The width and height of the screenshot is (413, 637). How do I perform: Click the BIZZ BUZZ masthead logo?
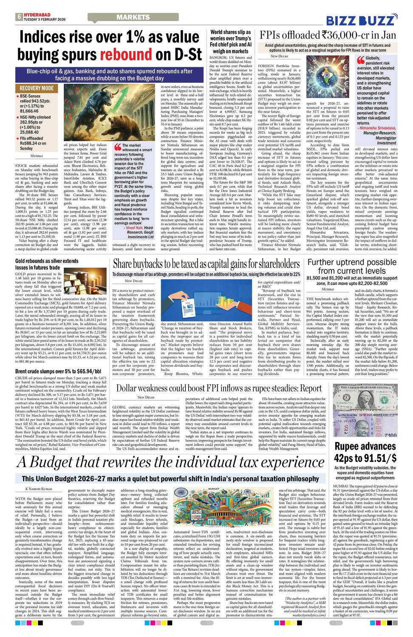(x=362, y=20)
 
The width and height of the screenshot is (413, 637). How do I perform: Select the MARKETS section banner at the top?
(x=133, y=17)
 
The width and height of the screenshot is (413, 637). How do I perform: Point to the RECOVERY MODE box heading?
(x=37, y=88)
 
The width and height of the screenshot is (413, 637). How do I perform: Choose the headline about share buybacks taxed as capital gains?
(x=206, y=264)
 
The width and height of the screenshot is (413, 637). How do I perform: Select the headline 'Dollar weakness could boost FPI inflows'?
(x=219, y=388)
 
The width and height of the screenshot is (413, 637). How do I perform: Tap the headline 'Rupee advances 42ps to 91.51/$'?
(x=365, y=452)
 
